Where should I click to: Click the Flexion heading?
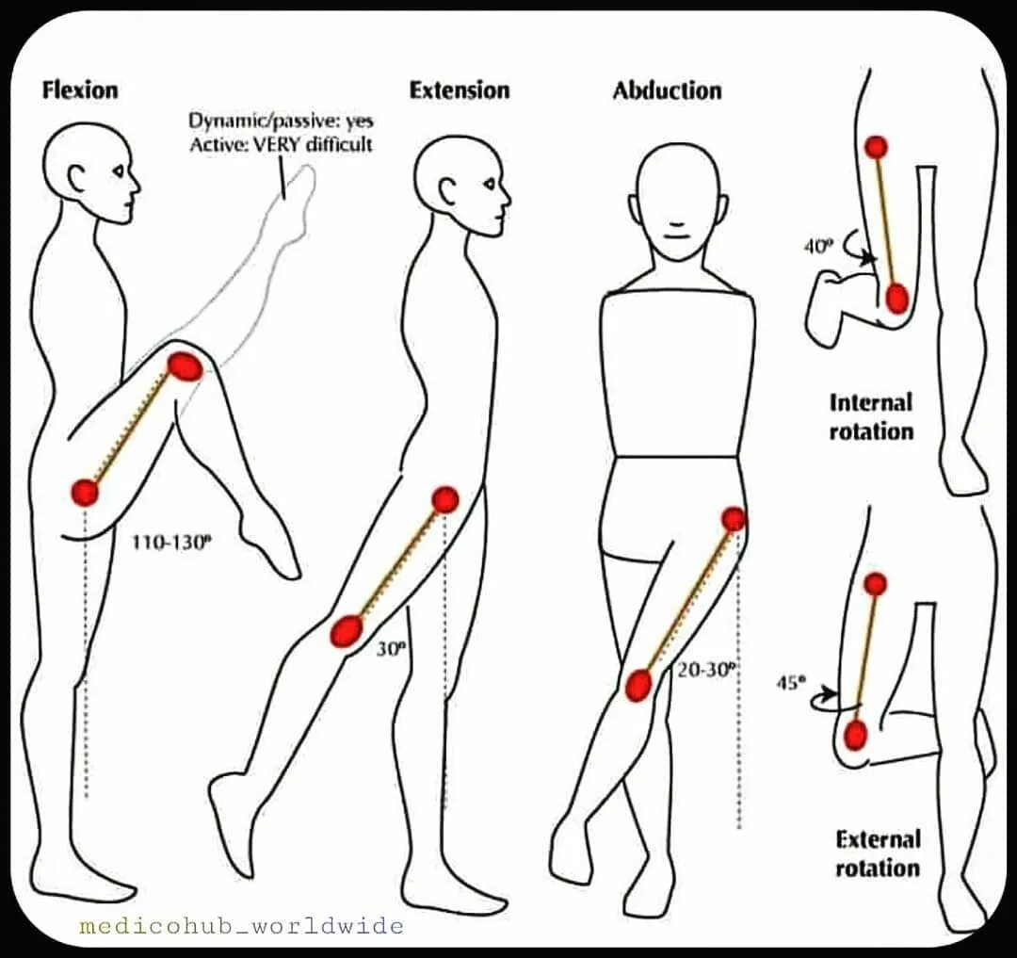pyautogui.click(x=81, y=90)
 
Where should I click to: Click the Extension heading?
pyautogui.click(x=460, y=90)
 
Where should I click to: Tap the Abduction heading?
pyautogui.click(x=667, y=91)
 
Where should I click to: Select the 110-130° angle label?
pyautogui.click(x=170, y=544)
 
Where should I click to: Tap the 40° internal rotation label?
pyautogui.click(x=818, y=247)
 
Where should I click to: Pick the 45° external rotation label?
pyautogui.click(x=789, y=684)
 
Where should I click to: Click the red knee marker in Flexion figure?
pyautogui.click(x=186, y=365)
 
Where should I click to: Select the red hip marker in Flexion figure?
pyautogui.click(x=85, y=492)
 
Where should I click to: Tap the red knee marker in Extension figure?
pyautogui.click(x=347, y=630)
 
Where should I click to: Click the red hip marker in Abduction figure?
pyautogui.click(x=734, y=519)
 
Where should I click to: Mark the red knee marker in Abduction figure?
pyautogui.click(x=638, y=685)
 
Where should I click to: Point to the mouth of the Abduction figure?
pyautogui.click(x=677, y=229)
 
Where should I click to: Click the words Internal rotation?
pyautogui.click(x=871, y=417)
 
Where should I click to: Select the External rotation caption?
pyautogui.click(x=878, y=853)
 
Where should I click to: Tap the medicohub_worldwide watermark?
pyautogui.click(x=242, y=926)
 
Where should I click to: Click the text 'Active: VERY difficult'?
pyautogui.click(x=281, y=144)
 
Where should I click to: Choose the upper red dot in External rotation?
pyautogui.click(x=875, y=584)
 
